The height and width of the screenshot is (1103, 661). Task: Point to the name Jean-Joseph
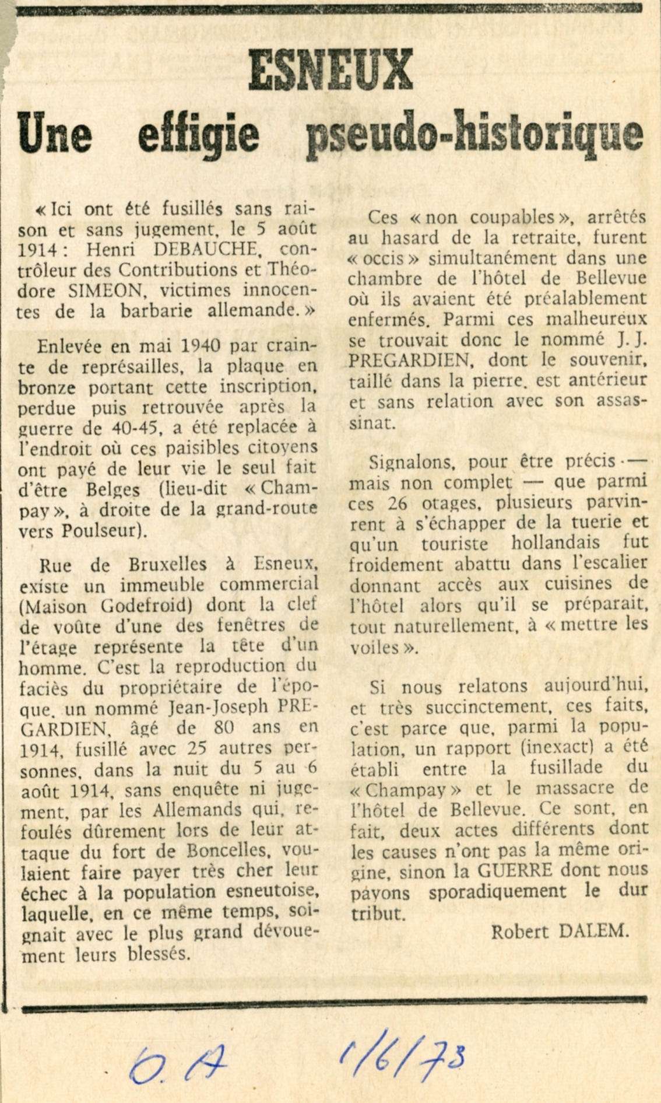[219, 708]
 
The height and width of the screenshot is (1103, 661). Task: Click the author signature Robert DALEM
[560, 932]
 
